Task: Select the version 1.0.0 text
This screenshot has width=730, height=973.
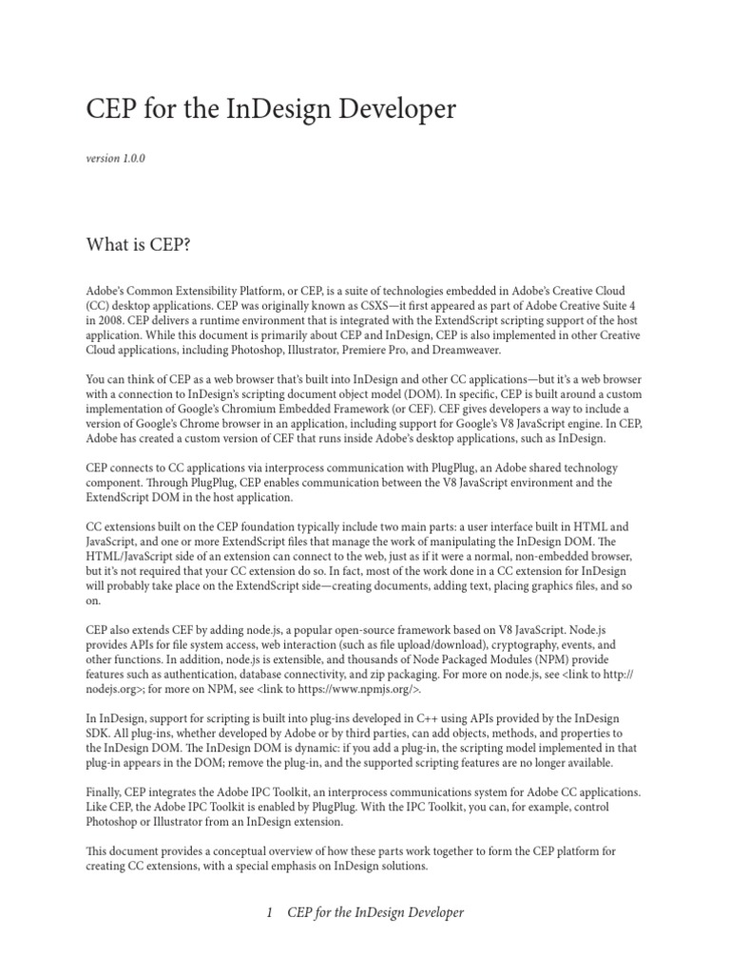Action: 115,159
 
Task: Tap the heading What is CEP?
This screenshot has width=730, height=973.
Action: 139,245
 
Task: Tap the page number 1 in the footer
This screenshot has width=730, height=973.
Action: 271,913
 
